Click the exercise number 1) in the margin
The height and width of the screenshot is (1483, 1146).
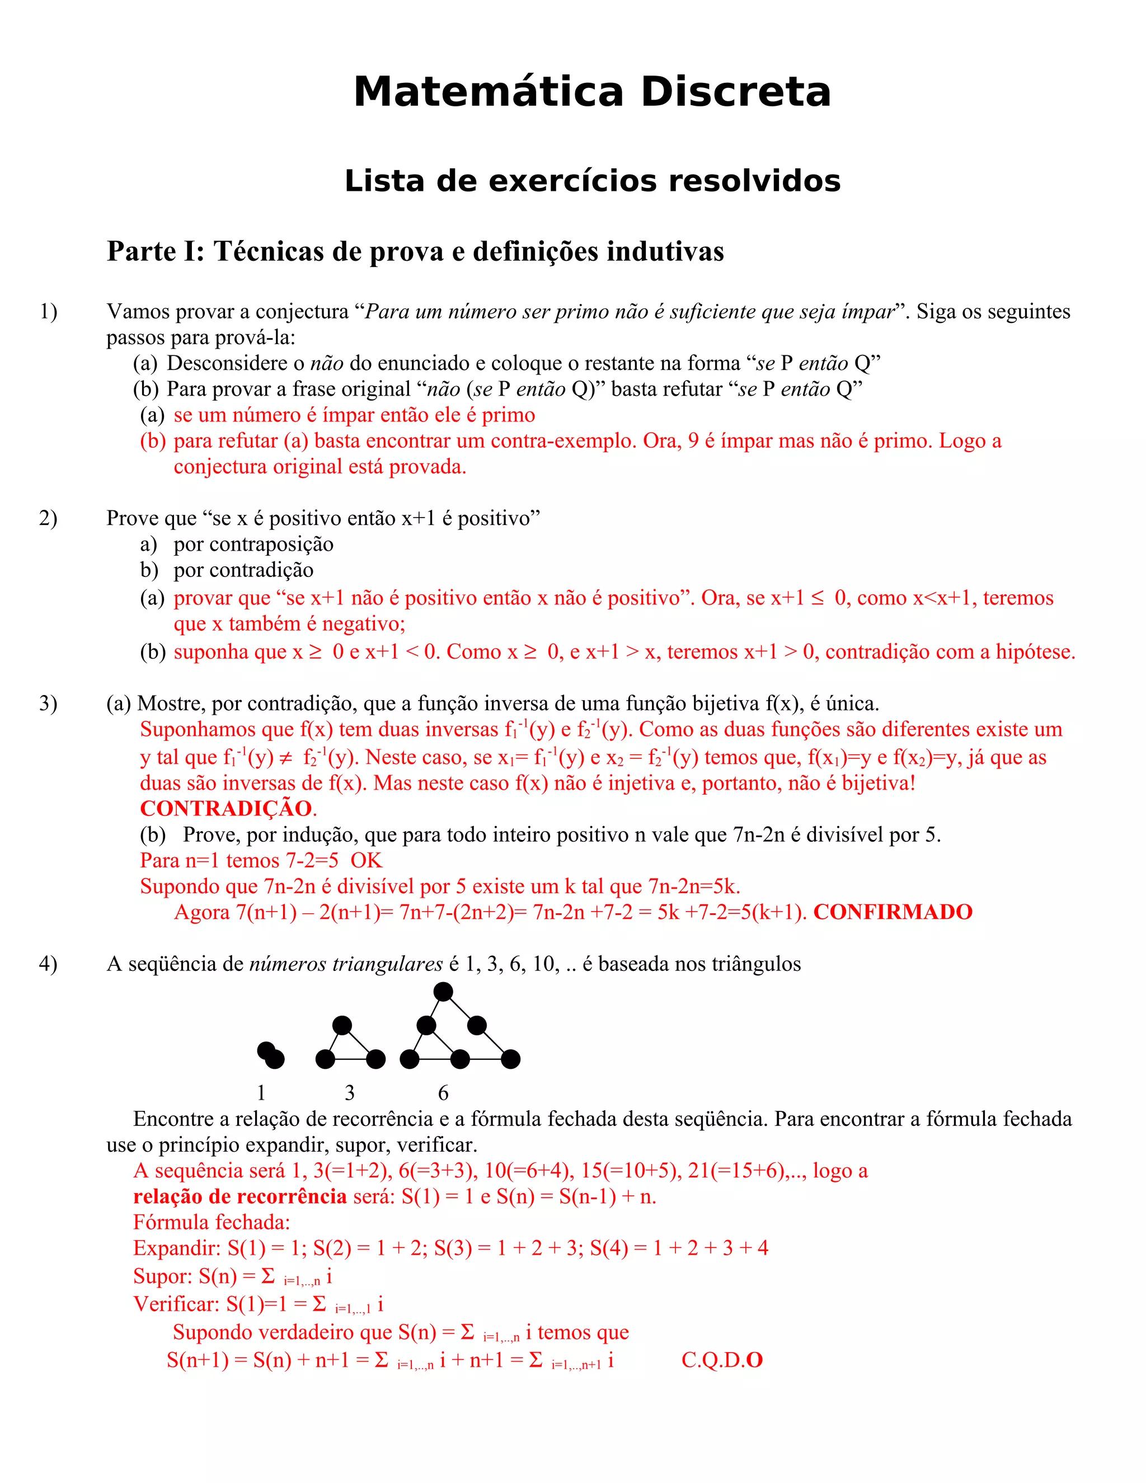point(48,312)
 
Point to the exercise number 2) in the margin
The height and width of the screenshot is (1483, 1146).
point(48,518)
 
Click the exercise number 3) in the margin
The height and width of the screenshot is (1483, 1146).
point(48,703)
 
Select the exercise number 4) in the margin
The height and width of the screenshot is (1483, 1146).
point(48,964)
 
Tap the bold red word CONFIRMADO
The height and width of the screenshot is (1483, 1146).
point(893,912)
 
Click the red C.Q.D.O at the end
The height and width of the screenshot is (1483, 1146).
point(722,1360)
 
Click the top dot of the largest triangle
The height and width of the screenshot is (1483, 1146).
point(443,992)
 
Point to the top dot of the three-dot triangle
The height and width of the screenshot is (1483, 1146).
point(342,1025)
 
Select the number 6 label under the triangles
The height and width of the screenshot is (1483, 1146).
point(443,1092)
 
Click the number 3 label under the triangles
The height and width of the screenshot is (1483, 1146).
point(350,1092)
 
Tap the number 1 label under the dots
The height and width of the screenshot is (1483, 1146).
point(261,1092)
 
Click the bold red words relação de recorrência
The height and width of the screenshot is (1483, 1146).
point(239,1196)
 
